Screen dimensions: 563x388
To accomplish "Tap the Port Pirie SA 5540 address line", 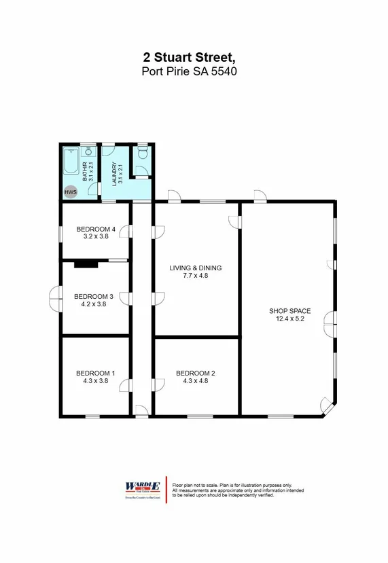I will tap(190, 71).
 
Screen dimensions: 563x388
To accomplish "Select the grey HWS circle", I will tap(71, 192).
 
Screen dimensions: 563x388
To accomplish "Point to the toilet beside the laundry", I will tap(142, 155).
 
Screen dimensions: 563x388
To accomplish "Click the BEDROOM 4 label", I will tap(95, 229).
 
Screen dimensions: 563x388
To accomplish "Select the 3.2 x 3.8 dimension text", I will tap(95, 236).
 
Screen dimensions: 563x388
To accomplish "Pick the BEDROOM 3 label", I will tap(93, 296).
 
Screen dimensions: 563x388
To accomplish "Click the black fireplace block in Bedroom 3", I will tap(87, 264).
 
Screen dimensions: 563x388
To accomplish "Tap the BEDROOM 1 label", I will tap(95, 373).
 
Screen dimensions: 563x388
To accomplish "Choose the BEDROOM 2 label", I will tap(195, 373).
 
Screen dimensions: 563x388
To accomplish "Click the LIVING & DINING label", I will tap(195, 268).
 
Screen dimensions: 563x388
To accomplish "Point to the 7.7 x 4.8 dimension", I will tap(195, 276).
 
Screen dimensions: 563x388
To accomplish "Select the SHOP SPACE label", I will tap(287, 311).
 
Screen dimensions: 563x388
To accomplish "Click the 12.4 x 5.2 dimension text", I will tap(287, 319).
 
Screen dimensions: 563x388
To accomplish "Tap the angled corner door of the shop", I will tap(327, 407).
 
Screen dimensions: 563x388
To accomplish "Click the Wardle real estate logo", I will tap(142, 488).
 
